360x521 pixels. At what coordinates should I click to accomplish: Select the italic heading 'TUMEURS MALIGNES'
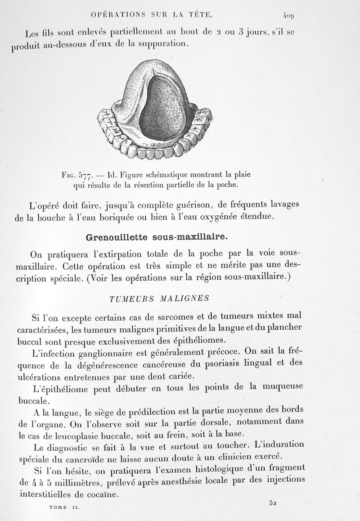159,298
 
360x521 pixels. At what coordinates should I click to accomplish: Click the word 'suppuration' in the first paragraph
157,44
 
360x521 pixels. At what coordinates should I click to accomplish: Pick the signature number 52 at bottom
273,503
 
